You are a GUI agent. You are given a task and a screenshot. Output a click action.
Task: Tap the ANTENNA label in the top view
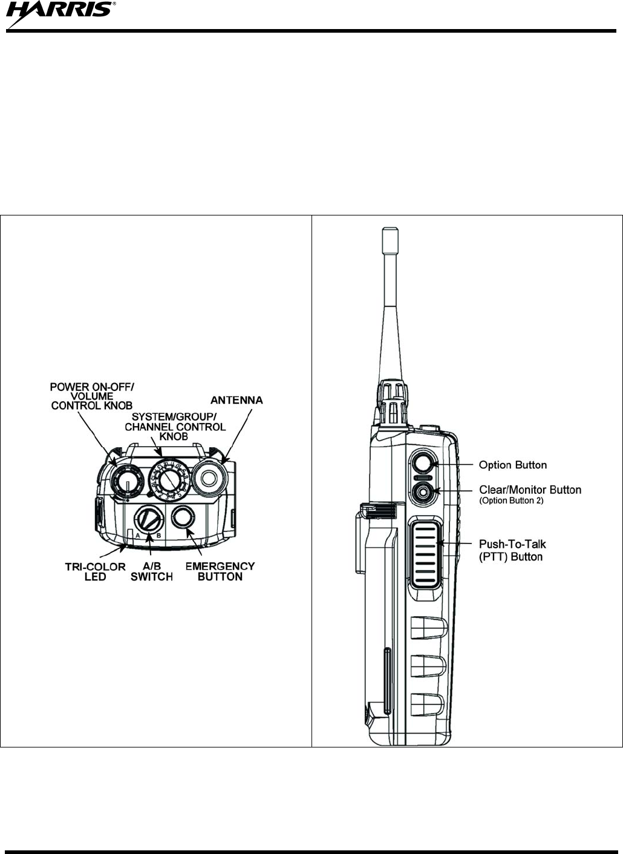click(x=236, y=400)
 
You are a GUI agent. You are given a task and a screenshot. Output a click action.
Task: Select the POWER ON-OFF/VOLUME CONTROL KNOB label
click(x=92, y=396)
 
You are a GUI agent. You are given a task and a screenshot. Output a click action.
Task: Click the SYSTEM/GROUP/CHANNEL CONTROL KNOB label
click(x=175, y=426)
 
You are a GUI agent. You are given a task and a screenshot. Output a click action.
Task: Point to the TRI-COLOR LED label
click(x=95, y=571)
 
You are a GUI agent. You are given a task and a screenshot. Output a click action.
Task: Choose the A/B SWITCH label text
click(x=152, y=571)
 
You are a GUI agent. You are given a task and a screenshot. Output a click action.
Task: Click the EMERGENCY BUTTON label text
click(x=220, y=571)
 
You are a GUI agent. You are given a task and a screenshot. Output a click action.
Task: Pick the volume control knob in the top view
click(x=125, y=481)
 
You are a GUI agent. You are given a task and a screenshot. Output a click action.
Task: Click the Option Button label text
click(x=513, y=465)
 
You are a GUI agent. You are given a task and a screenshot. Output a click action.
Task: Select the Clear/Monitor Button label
click(x=530, y=490)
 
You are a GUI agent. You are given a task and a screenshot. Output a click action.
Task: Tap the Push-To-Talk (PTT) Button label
click(x=512, y=550)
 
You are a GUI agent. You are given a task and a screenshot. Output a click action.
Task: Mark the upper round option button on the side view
click(x=422, y=464)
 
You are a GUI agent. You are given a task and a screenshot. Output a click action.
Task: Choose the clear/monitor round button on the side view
click(x=422, y=492)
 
